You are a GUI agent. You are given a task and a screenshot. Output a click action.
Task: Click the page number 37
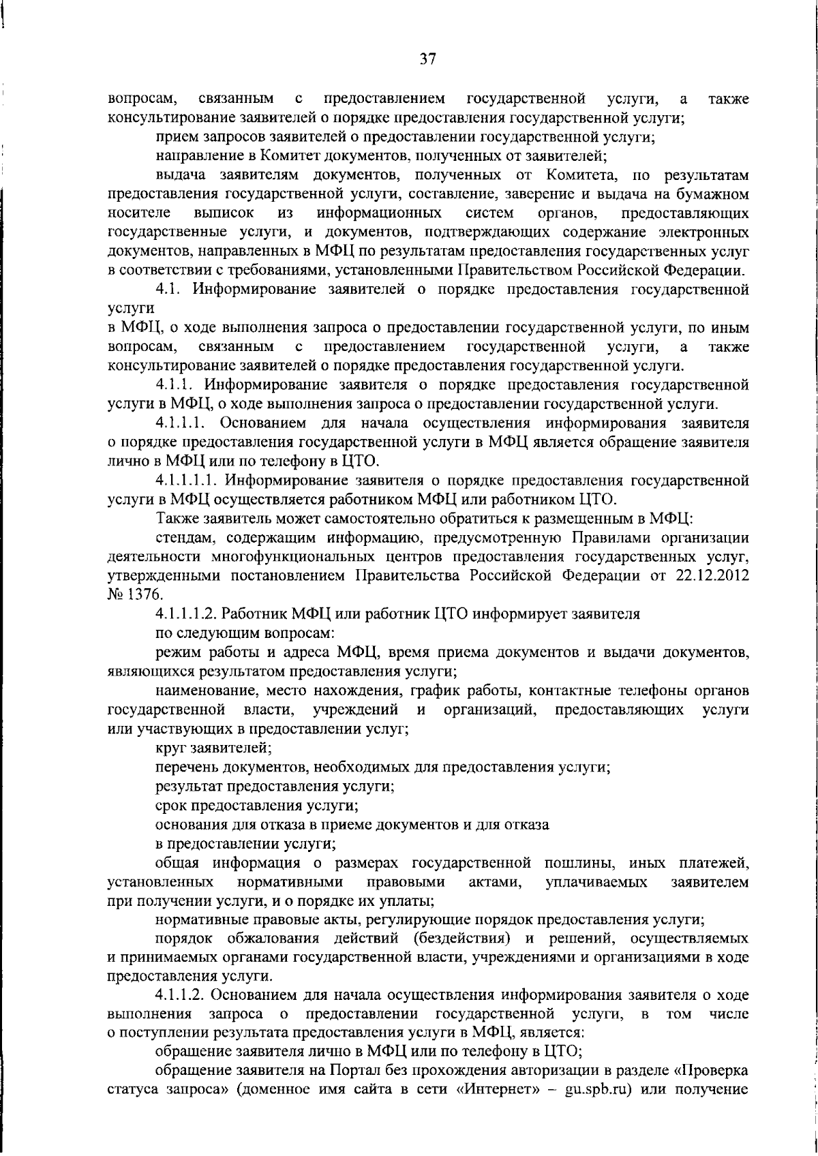pyautogui.click(x=427, y=59)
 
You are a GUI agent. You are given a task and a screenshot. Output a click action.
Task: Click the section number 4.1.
pyautogui.click(x=169, y=289)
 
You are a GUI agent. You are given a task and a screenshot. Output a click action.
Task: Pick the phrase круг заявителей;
pyautogui.click(x=213, y=748)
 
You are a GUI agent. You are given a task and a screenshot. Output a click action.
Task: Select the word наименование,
pyautogui.click(x=204, y=691)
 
